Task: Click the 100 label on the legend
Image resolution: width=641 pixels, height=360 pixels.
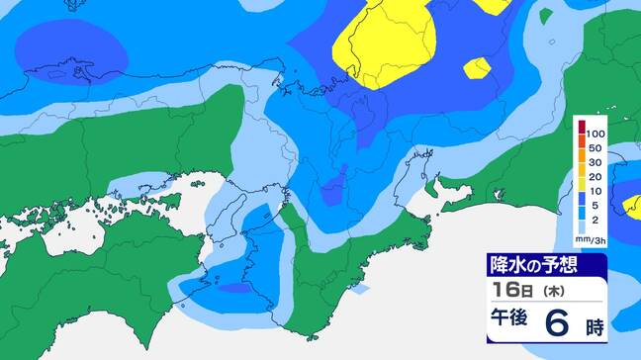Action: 595,133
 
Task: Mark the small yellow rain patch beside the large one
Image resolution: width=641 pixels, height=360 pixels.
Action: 478,67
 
